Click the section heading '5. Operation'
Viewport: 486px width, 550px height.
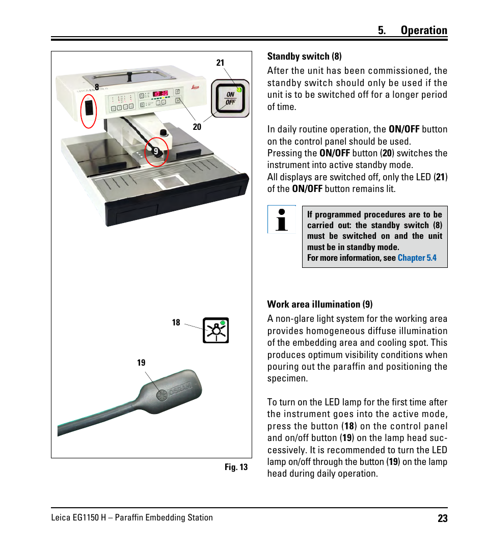coord(412,31)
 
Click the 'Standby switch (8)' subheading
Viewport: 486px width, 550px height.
coord(304,56)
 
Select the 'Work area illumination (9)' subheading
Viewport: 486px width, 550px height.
coord(319,305)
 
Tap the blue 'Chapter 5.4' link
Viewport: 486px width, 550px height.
coord(417,258)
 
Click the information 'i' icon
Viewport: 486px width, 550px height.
coord(281,219)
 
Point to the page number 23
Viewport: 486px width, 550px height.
coord(442,518)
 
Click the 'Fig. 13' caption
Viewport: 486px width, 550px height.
coord(236,467)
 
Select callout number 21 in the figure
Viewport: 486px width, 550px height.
coord(220,63)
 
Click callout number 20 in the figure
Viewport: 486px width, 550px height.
coord(197,127)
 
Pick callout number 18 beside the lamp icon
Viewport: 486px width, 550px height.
coord(176,322)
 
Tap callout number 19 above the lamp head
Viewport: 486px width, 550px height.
coord(141,363)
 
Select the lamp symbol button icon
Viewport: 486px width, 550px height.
coord(215,331)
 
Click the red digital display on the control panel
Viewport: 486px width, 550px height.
coord(160,94)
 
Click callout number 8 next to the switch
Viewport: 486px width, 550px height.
coord(96,87)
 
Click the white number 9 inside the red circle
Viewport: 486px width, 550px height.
coord(156,151)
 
